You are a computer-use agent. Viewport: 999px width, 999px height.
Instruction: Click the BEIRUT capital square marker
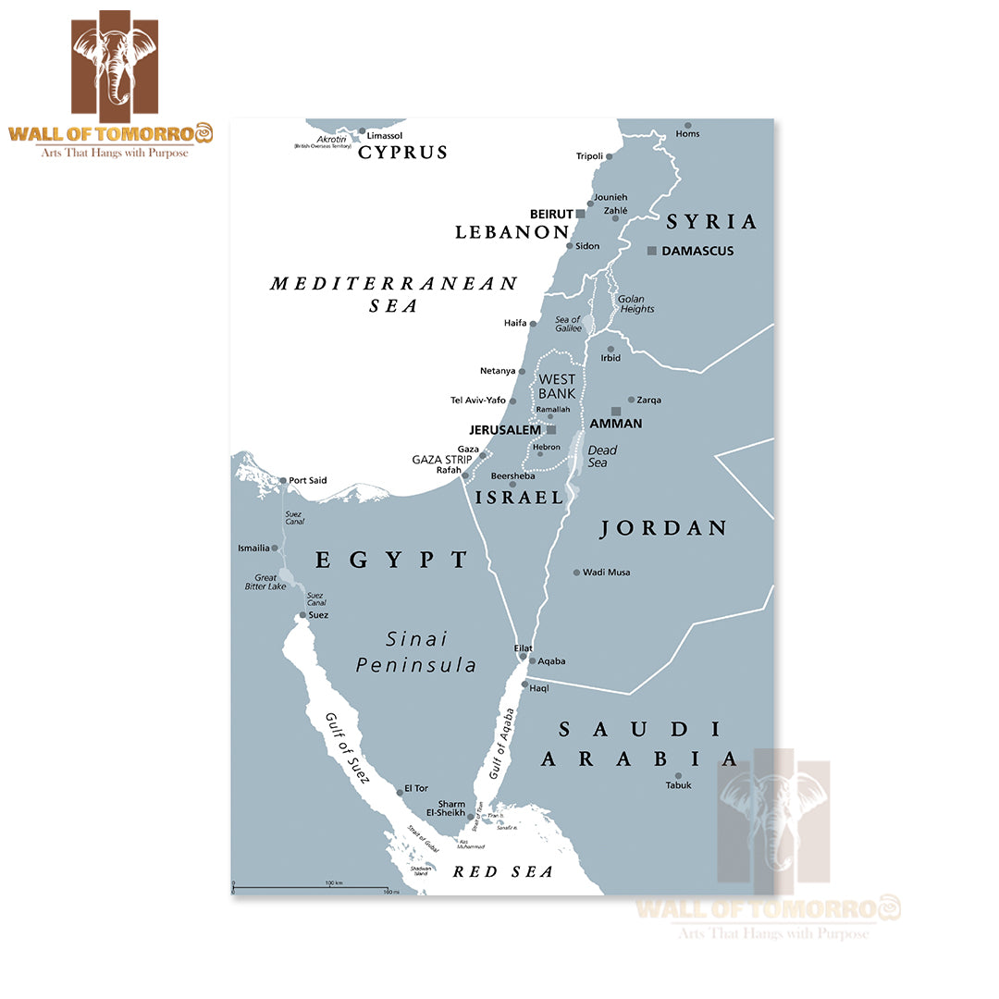[x=581, y=214]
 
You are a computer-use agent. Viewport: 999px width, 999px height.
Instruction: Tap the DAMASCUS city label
[x=697, y=251]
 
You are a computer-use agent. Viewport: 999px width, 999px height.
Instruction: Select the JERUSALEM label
[x=504, y=430]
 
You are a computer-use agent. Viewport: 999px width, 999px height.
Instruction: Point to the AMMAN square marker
[x=616, y=411]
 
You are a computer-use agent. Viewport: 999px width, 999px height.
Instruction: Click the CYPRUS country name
[x=402, y=153]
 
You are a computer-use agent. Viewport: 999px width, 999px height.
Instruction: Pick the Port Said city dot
[x=283, y=480]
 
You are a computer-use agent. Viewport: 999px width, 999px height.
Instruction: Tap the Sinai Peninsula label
[x=416, y=651]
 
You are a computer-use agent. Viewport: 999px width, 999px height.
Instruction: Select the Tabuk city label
[x=678, y=785]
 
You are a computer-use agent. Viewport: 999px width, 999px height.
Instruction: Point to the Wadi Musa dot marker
[x=576, y=573]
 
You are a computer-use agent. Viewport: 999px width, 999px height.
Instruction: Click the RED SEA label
[x=502, y=871]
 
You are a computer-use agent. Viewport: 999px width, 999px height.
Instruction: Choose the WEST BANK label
[x=557, y=387]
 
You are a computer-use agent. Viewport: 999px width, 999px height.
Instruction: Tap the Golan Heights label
[x=637, y=303]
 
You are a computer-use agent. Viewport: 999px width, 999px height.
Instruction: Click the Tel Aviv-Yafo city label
[x=477, y=401]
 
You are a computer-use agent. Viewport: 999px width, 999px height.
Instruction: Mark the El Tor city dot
[x=400, y=791]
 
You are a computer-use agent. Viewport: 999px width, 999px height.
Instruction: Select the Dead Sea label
[x=601, y=456]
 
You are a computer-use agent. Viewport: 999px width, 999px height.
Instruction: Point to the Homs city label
[x=687, y=134]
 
